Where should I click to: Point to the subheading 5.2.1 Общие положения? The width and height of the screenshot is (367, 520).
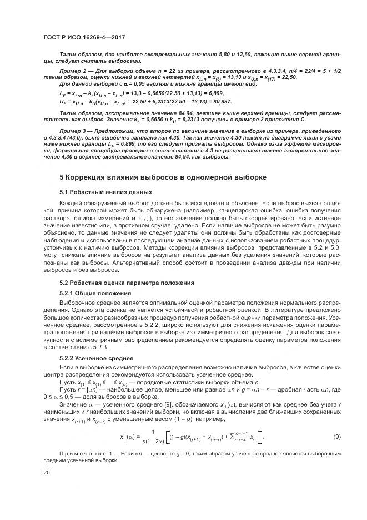(x=95, y=293)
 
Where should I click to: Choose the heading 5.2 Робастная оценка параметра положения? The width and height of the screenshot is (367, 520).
(x=127, y=283)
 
